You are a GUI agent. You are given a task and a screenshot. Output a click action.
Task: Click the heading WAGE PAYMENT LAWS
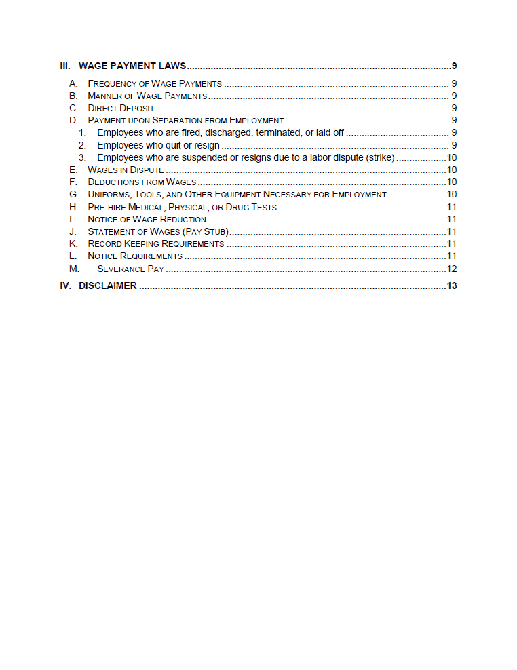click(x=132, y=66)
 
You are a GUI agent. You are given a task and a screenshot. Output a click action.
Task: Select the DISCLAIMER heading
click(x=107, y=285)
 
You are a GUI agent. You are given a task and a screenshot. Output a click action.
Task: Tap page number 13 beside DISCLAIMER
click(x=451, y=285)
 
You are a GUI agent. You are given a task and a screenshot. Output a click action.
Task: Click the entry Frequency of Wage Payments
click(x=155, y=84)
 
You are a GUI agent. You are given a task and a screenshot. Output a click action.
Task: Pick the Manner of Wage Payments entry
click(x=147, y=96)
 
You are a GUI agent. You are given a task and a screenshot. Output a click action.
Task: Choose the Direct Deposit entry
click(x=121, y=109)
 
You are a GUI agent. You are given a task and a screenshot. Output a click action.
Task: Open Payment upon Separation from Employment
click(x=185, y=121)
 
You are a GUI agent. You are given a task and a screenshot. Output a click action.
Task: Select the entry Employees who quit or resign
click(x=158, y=145)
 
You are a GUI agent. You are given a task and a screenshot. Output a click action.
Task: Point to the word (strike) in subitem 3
click(x=380, y=157)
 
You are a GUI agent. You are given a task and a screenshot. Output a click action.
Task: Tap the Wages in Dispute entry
click(x=126, y=170)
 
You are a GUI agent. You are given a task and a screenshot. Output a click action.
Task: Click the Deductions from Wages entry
click(x=142, y=182)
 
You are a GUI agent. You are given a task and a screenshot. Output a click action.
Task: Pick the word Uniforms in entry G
click(x=109, y=195)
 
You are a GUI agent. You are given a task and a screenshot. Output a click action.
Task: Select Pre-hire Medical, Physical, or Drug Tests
click(x=182, y=207)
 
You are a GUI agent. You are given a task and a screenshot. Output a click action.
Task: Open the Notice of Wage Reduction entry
click(x=147, y=219)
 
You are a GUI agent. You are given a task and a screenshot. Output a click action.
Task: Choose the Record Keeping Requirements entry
click(x=155, y=243)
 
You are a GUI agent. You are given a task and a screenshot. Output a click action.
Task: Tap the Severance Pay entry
click(x=130, y=269)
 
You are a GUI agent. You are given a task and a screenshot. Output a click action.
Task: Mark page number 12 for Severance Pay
click(x=451, y=269)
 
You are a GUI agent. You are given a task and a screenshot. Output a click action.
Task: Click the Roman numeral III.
click(x=64, y=66)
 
